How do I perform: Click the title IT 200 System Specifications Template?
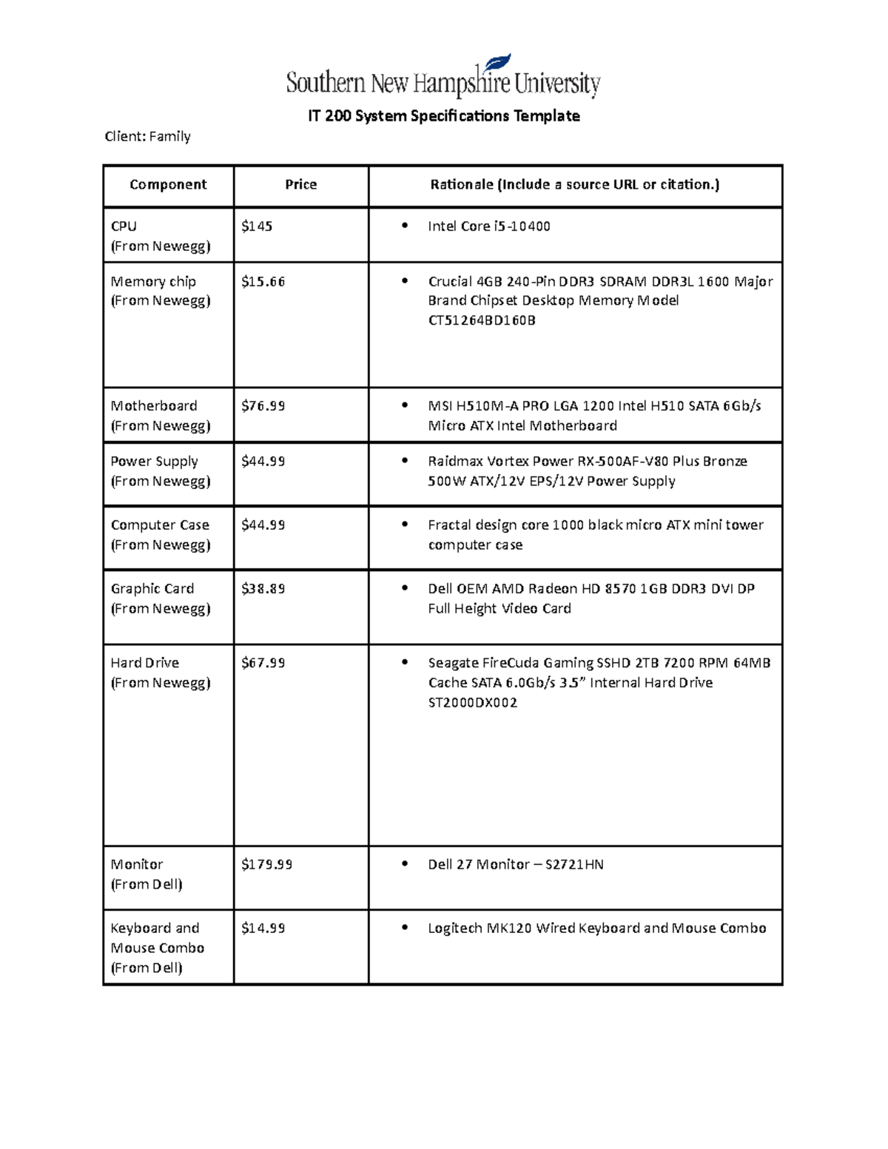[444, 116]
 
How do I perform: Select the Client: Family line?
[147, 136]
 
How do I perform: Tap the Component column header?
[168, 185]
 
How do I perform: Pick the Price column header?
[300, 185]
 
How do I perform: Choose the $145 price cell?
[257, 226]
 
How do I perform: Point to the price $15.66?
[263, 282]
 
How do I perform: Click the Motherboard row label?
[154, 406]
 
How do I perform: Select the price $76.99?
[263, 406]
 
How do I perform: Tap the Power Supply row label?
[154, 462]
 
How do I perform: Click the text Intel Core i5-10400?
[488, 226]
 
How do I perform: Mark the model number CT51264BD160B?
[481, 320]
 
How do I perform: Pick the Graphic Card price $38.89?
[263, 589]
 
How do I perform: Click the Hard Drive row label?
[145, 663]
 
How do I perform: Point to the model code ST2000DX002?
[472, 703]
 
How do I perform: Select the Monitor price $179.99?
[266, 864]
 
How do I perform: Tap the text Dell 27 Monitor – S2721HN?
[515, 864]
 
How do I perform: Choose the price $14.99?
[263, 928]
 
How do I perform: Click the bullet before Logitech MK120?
[404, 928]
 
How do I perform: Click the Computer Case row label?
[160, 525]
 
